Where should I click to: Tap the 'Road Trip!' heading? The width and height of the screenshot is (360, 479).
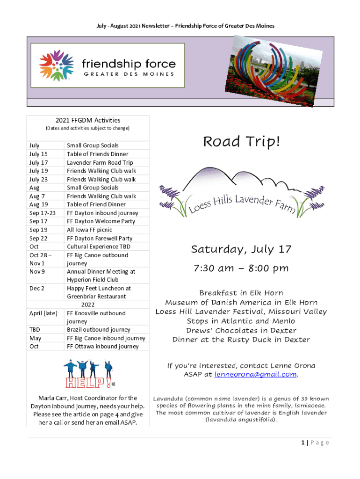(x=241, y=142)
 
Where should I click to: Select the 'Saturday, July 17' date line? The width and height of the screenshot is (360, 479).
(x=241, y=250)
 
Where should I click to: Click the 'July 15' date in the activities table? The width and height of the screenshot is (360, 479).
(x=38, y=154)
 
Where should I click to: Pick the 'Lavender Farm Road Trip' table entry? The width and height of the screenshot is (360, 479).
(x=100, y=162)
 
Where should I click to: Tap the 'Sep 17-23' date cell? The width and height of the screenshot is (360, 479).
(x=42, y=213)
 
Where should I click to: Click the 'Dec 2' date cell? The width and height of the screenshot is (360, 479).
(x=37, y=288)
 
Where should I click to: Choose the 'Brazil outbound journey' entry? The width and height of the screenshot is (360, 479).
(x=99, y=329)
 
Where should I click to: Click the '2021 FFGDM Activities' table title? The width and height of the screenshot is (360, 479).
(x=88, y=120)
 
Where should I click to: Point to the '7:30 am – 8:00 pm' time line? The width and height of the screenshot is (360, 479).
(x=241, y=269)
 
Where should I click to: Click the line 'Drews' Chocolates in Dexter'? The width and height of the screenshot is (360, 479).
(x=241, y=331)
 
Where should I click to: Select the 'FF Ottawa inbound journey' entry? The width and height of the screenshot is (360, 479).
(x=102, y=346)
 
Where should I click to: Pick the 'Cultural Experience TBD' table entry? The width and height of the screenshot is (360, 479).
(x=99, y=247)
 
